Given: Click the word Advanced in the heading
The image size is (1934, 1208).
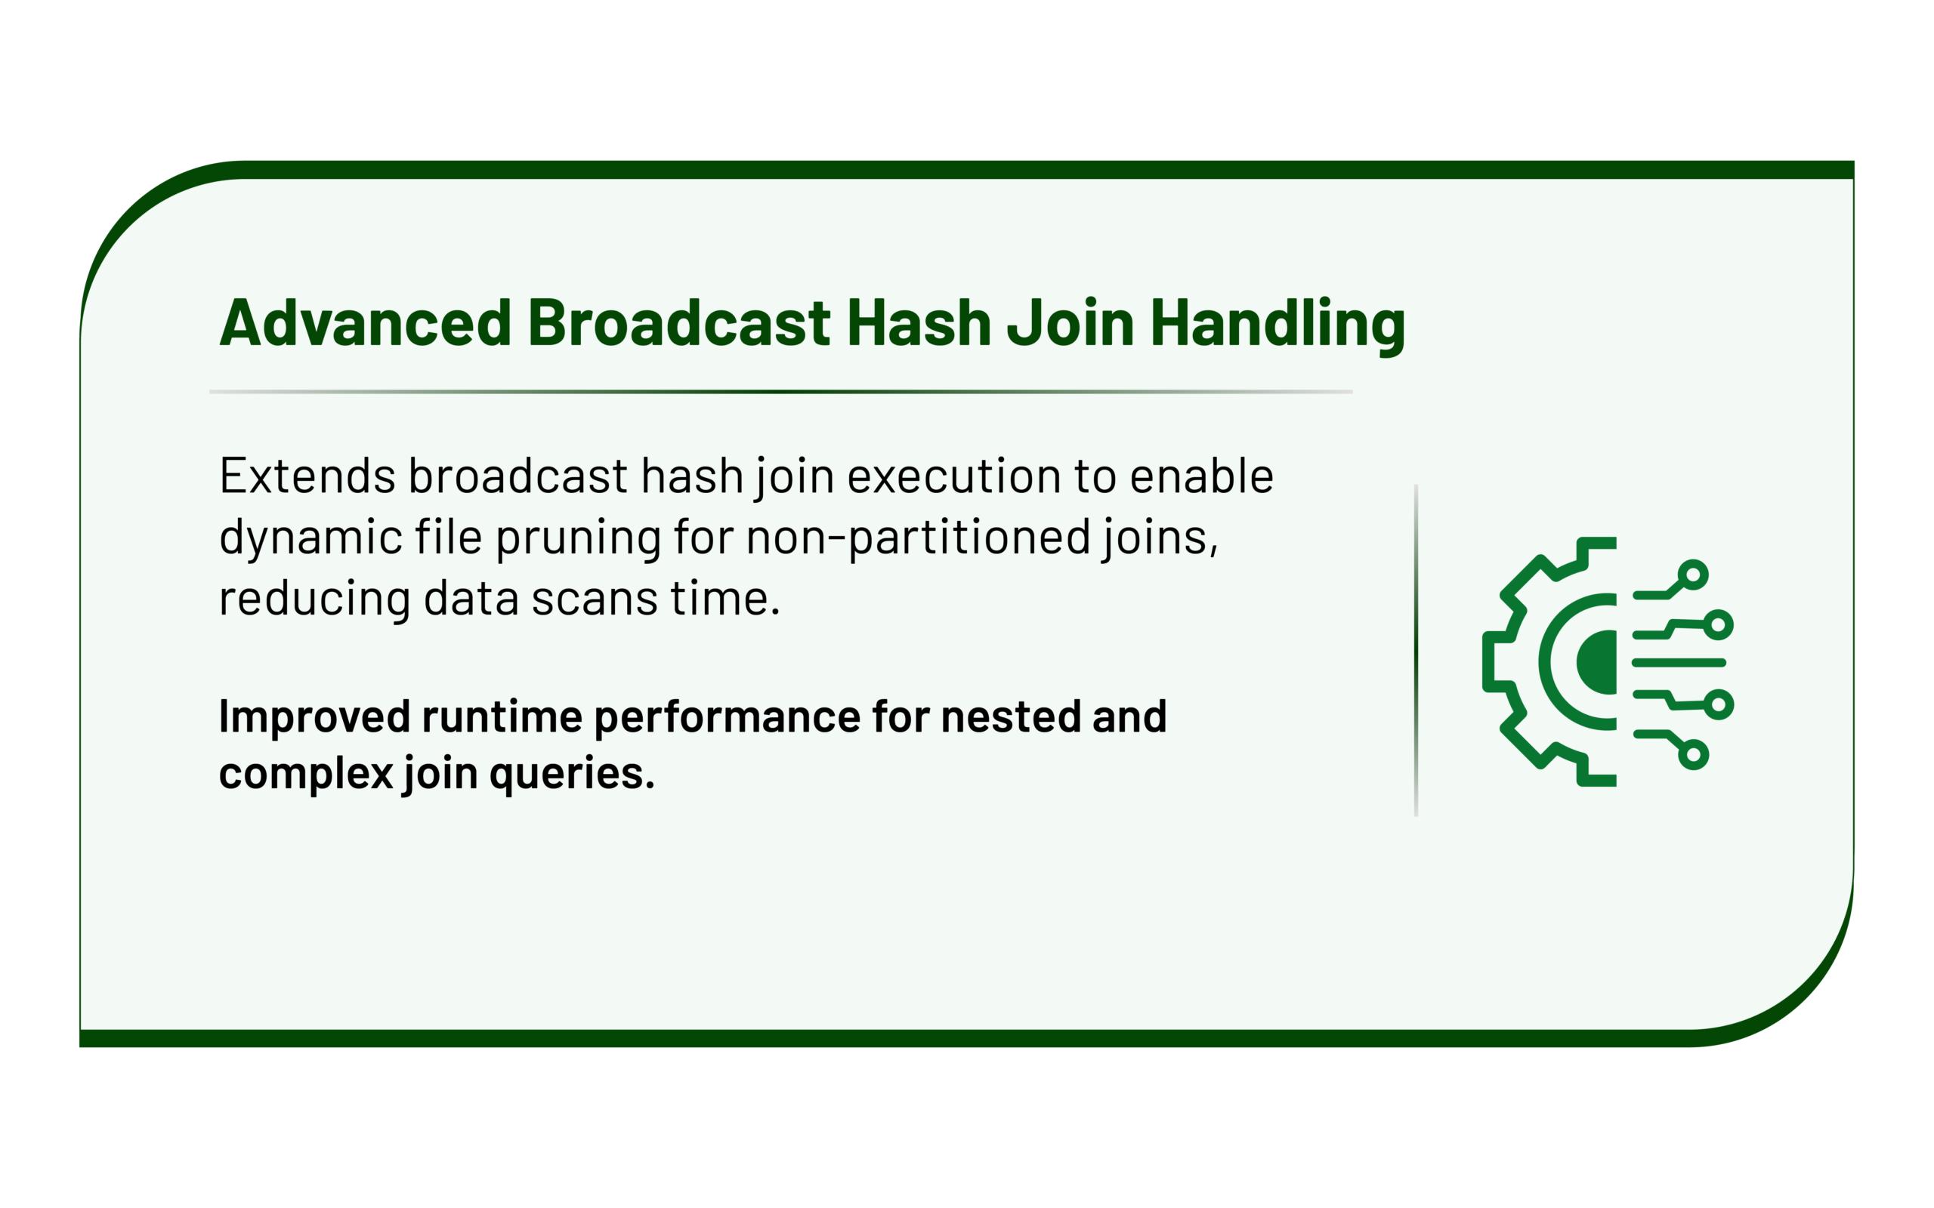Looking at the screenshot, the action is pyautogui.click(x=365, y=323).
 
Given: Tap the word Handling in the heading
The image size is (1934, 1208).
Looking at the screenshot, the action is pyautogui.click(x=1277, y=326).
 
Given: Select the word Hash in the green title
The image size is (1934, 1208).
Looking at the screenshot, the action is pyautogui.click(x=918, y=323).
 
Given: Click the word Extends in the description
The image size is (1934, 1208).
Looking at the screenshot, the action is pyautogui.click(x=307, y=476).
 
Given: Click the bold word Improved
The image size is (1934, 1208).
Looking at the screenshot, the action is pyautogui.click(x=314, y=717).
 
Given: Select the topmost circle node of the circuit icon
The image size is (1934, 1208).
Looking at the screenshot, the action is pyautogui.click(x=1693, y=575).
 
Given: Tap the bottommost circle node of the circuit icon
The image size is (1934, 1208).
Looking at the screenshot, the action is pyautogui.click(x=1693, y=755).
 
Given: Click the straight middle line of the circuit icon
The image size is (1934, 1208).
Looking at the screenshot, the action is pyautogui.click(x=1679, y=662).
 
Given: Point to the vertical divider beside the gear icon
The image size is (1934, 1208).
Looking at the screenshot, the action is pyautogui.click(x=1417, y=650).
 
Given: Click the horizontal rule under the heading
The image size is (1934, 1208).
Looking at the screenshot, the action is pyautogui.click(x=781, y=392).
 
